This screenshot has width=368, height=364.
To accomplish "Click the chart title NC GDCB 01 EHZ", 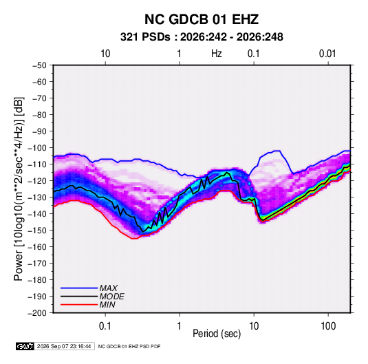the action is pos(202,19).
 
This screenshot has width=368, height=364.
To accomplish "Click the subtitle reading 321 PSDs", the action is pos(145,37).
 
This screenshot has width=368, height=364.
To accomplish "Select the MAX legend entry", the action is pos(109,288).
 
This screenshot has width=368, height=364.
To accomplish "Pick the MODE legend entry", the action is pos(111,297).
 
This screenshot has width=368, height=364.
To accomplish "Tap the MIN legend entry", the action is pos(107,305).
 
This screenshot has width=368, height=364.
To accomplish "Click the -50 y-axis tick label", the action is pos(39,65).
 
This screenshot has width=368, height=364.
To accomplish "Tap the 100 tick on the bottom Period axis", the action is pos(328,326).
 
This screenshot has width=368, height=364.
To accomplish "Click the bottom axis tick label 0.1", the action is pos(105,326).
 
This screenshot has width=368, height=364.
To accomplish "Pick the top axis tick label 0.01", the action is pos(327,54).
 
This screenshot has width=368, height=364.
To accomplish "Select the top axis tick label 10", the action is pos(105,54).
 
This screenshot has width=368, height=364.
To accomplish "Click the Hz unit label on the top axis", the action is pos(217,54).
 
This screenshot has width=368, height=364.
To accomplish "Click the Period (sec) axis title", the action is pos(217,334).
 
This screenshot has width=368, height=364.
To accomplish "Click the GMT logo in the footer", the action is pos(25,346).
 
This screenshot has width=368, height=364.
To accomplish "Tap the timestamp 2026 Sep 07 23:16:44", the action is pos(64,346).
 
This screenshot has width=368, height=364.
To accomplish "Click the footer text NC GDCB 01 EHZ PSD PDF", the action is pos(129,346).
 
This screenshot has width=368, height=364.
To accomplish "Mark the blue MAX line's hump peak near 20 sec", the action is pos(277,151).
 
